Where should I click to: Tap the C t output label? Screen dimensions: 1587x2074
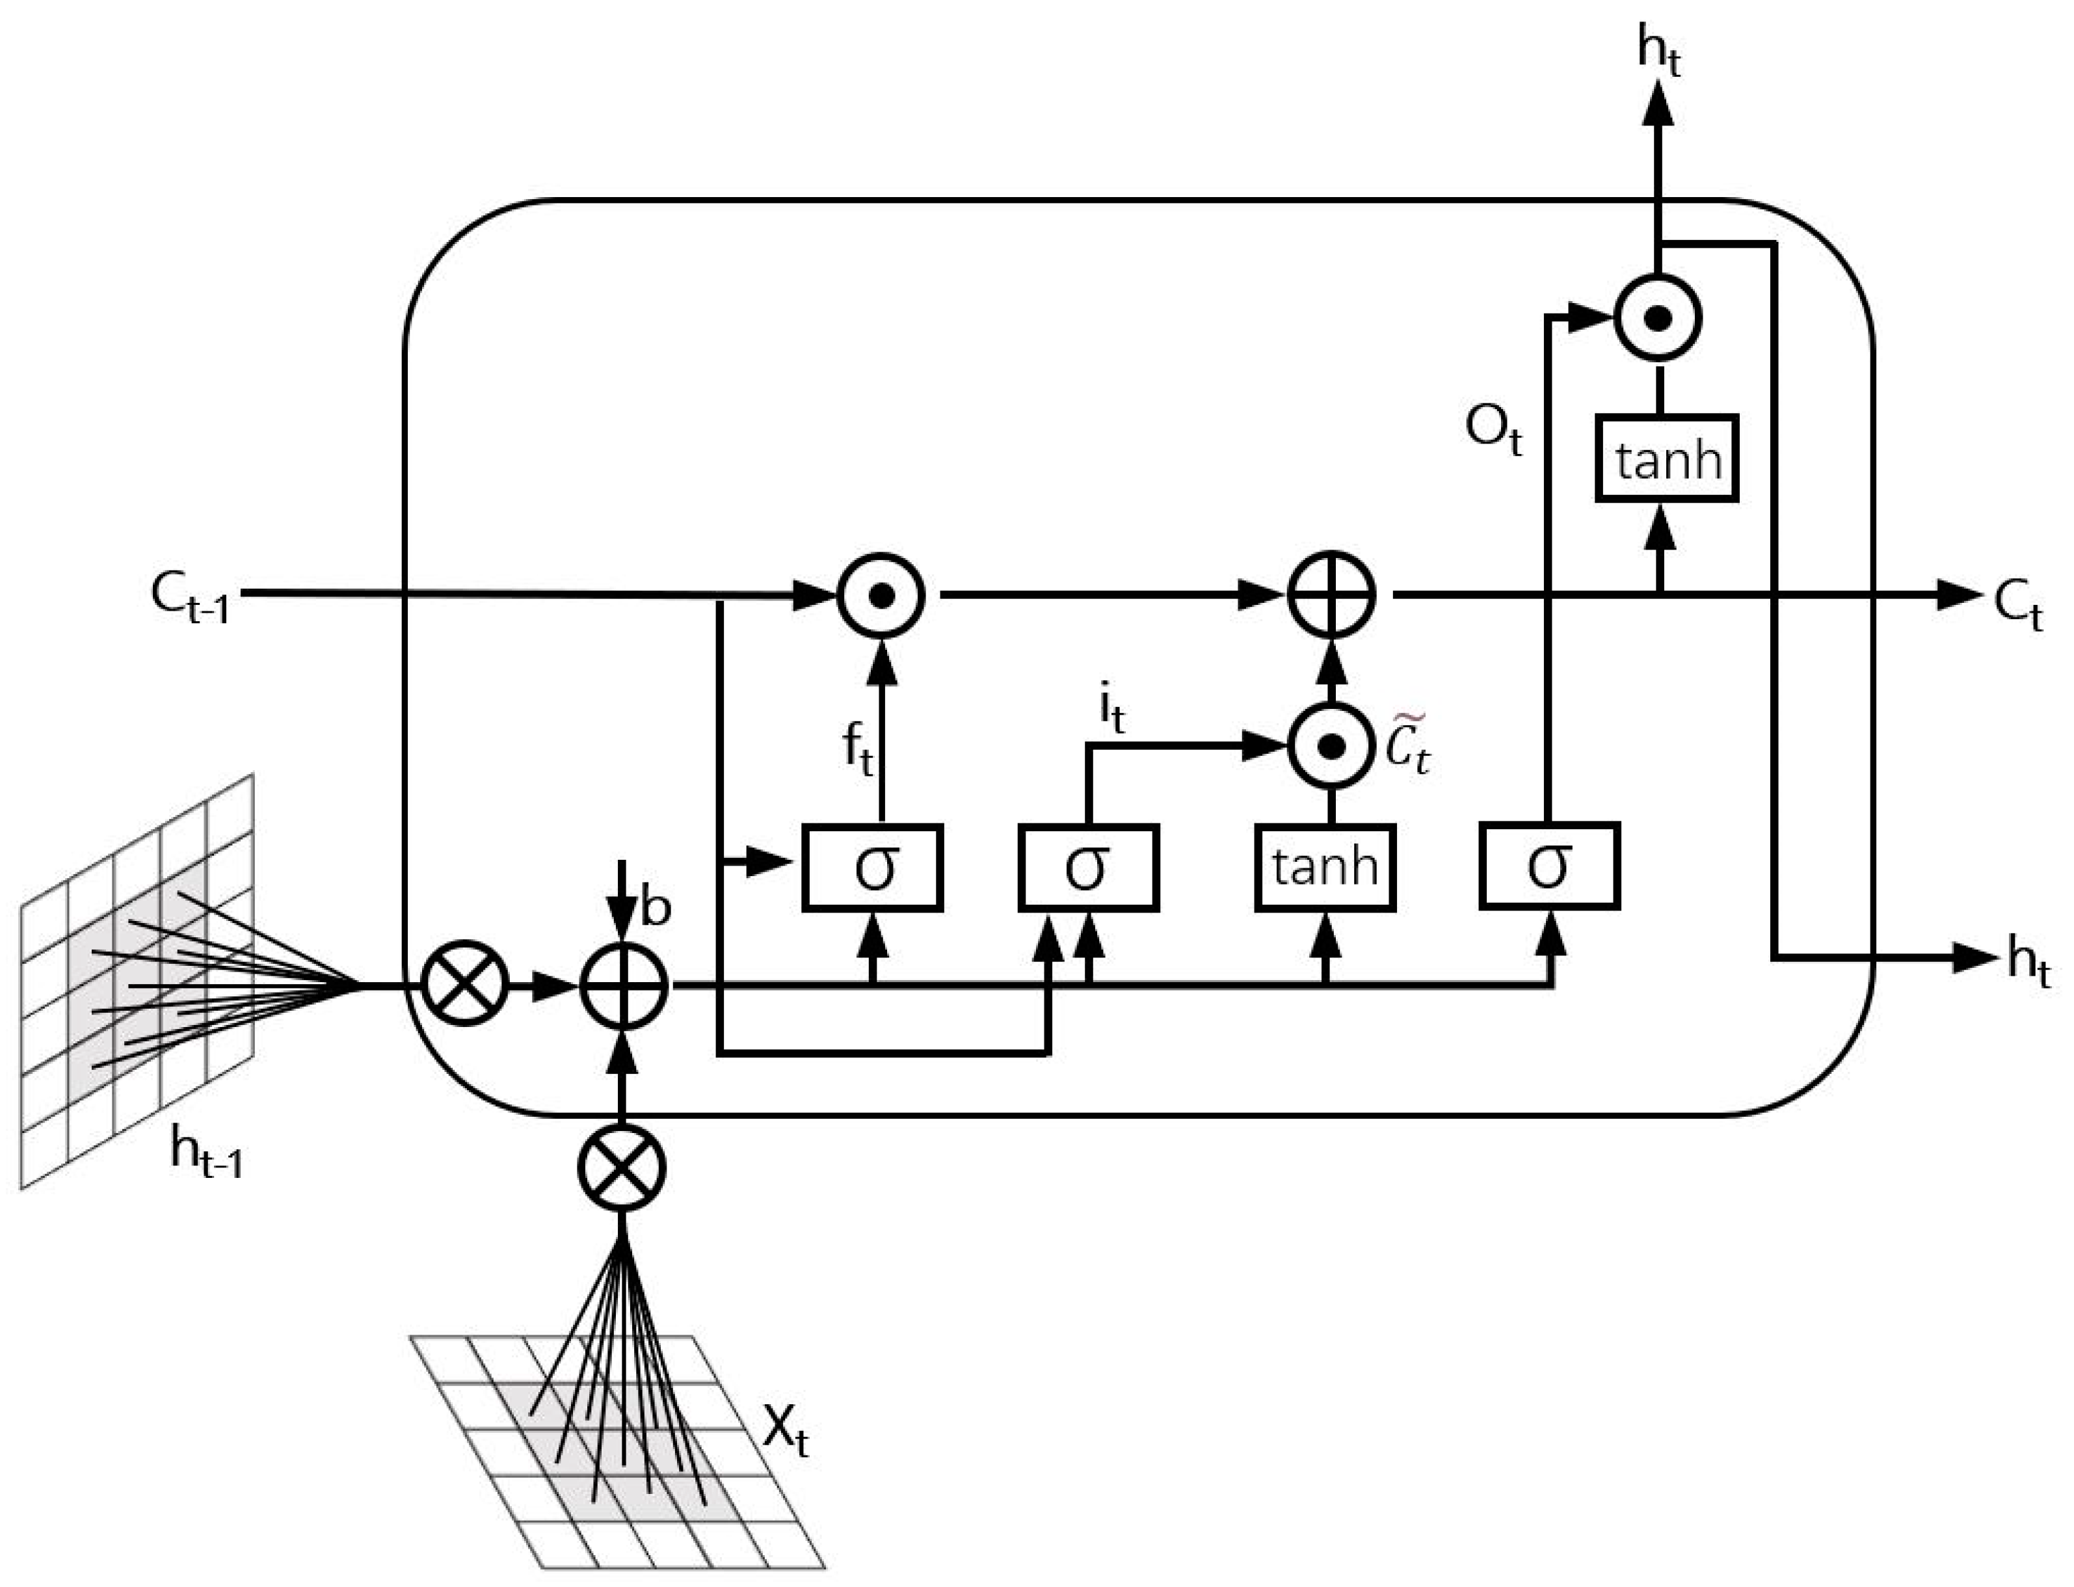(x=2017, y=605)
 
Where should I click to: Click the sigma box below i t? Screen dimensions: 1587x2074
(x=1088, y=867)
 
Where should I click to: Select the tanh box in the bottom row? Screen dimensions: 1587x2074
(x=1325, y=867)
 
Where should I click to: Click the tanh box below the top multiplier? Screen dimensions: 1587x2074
(x=1667, y=459)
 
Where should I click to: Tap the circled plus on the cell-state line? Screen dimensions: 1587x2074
(x=1332, y=595)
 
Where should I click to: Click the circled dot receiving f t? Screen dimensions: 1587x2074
(x=881, y=595)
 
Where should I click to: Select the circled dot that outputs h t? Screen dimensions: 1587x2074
(x=1658, y=318)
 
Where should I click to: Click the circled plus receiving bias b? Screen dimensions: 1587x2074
(x=623, y=986)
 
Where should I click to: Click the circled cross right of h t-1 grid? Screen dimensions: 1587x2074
(x=464, y=986)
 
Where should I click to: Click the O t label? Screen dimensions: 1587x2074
(x=1492, y=430)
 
